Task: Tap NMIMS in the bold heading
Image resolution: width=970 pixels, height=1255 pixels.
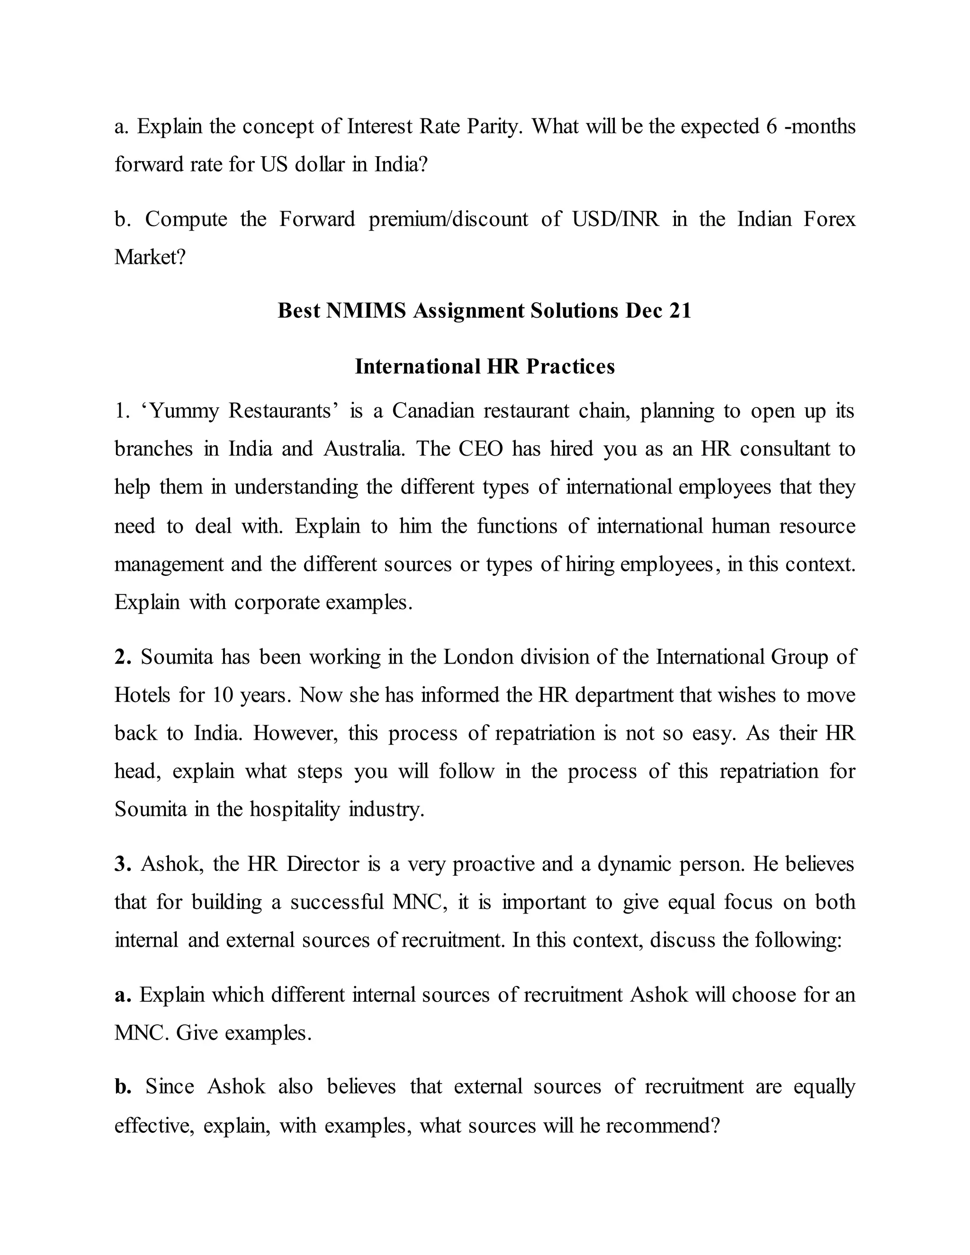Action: [366, 311]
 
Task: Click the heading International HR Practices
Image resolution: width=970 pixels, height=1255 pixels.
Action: [485, 367]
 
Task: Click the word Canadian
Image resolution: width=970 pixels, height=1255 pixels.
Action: [433, 412]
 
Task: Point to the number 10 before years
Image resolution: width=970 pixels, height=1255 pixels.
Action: [222, 695]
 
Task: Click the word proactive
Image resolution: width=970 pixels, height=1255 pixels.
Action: [493, 864]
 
